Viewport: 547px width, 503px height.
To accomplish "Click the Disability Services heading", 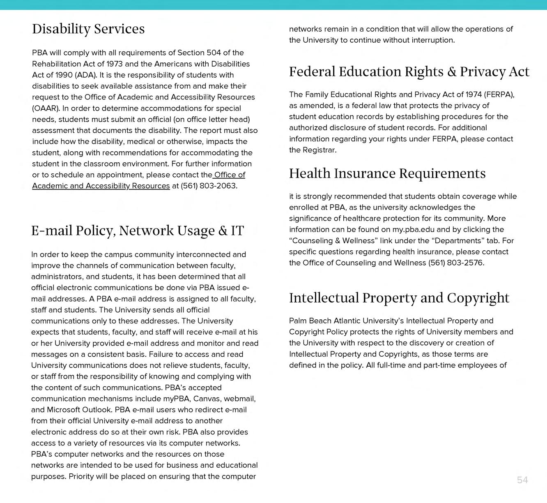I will pos(88,29).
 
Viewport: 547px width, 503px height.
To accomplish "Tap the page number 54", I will pos(522,480).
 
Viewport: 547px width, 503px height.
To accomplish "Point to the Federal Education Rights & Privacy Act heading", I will pos(409,72).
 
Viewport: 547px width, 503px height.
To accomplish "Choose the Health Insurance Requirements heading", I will pos(387,173).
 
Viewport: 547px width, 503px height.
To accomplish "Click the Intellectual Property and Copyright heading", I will pos(399,298).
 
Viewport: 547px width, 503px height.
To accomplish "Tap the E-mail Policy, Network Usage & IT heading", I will pos(138,231).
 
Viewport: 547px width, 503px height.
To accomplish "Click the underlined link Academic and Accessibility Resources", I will pos(101,186).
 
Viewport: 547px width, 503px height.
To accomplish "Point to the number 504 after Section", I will pos(214,53).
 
